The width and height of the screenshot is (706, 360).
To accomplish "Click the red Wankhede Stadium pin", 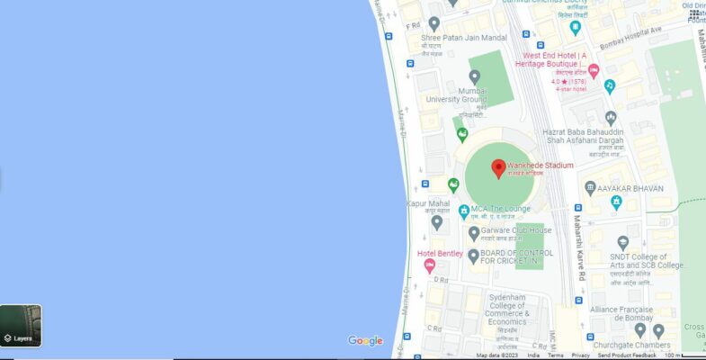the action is click(498, 168).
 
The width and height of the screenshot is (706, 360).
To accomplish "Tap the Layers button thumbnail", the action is click(21, 326).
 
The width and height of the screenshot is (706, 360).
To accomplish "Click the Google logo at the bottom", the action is click(365, 340).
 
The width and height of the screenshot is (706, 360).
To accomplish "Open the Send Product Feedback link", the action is click(627, 355).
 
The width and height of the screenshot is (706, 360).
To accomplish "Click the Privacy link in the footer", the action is click(580, 355).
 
